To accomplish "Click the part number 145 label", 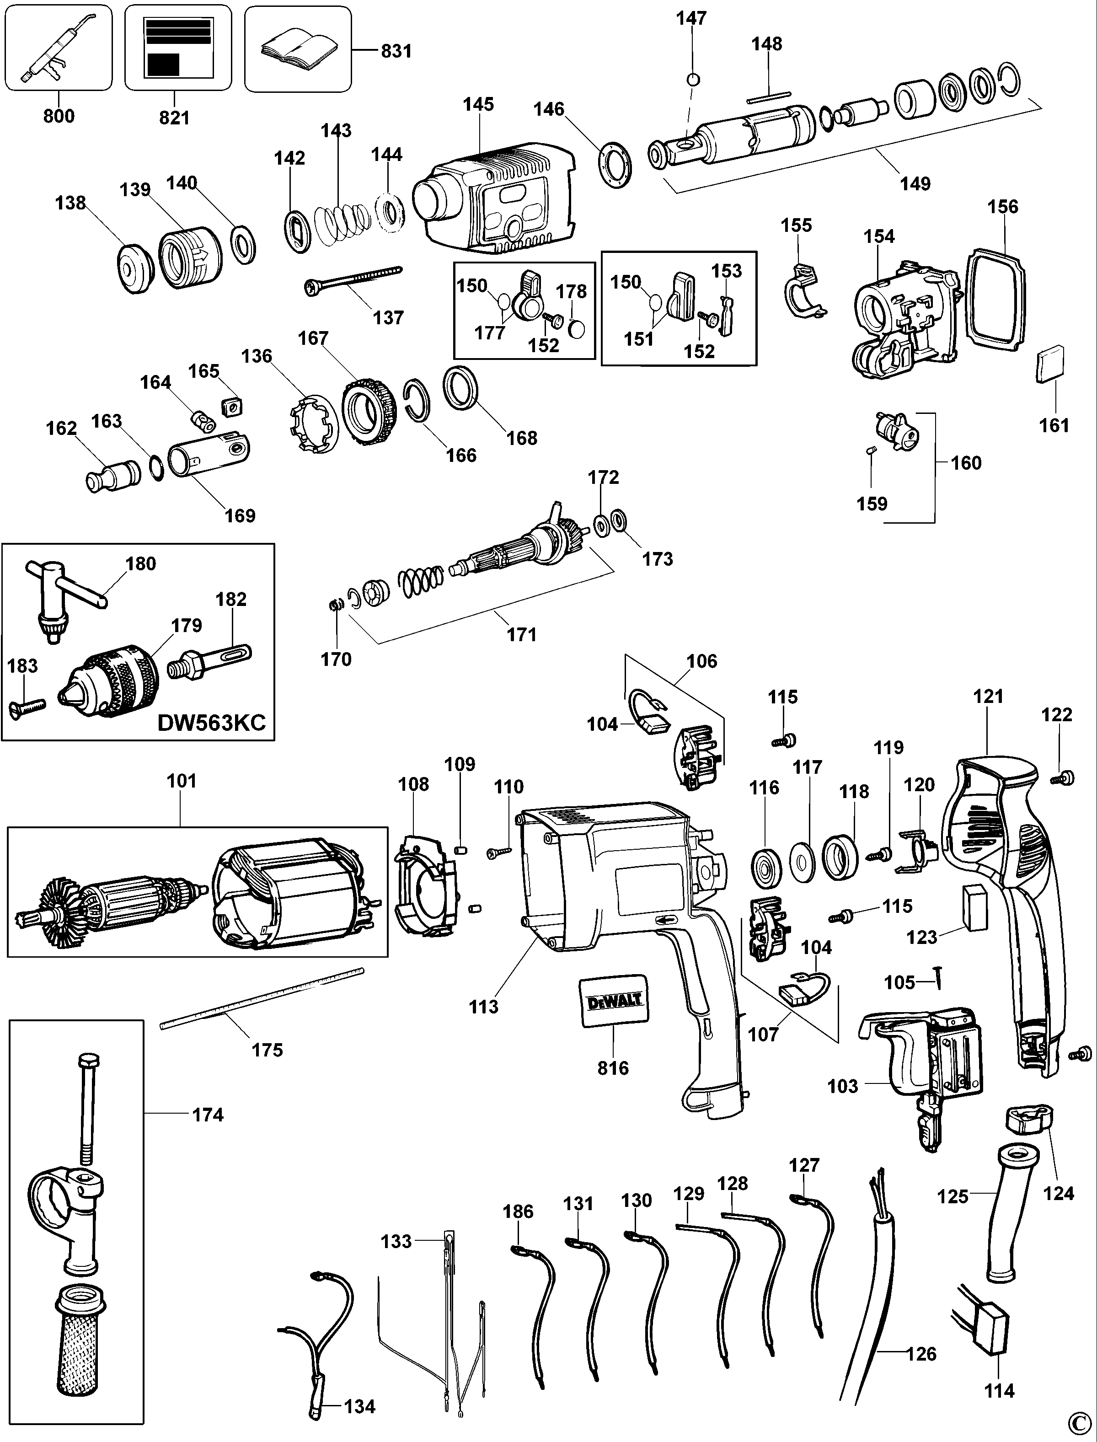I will [x=479, y=104].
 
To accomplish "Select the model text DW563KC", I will [x=212, y=723].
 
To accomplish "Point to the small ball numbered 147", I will [x=694, y=80].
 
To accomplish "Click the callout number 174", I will [x=208, y=1115].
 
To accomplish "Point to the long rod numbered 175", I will [x=261, y=998].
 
